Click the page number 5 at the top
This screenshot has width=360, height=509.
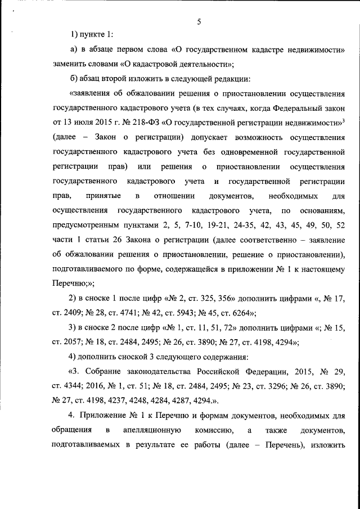(x=199, y=22)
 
